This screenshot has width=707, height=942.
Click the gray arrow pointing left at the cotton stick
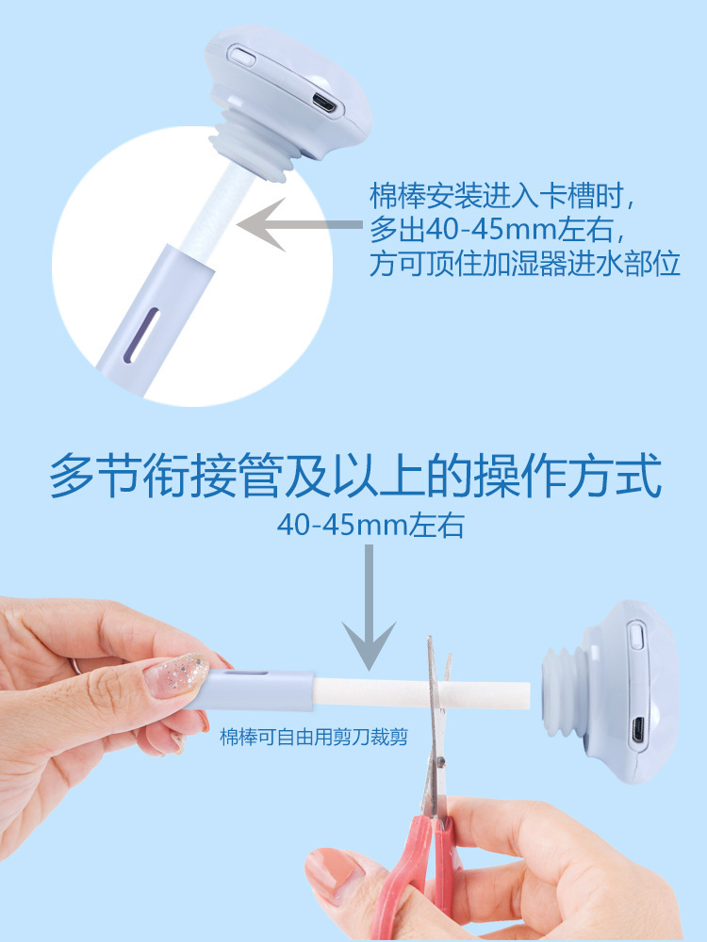click(x=300, y=225)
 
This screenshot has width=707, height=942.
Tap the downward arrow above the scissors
click(x=369, y=607)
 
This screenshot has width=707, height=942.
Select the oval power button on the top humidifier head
click(x=243, y=57)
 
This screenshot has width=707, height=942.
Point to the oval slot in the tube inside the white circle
click(x=140, y=335)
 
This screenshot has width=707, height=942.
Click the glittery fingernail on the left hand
click(x=177, y=675)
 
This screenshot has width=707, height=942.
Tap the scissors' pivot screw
click(x=440, y=762)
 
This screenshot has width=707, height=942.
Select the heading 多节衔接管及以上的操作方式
click(x=355, y=477)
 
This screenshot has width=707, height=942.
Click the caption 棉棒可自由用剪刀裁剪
click(x=314, y=737)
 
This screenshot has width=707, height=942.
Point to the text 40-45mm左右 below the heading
click(x=370, y=525)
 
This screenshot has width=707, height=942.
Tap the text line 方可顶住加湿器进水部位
click(x=525, y=264)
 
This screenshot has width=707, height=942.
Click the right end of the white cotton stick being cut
click(x=529, y=695)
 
